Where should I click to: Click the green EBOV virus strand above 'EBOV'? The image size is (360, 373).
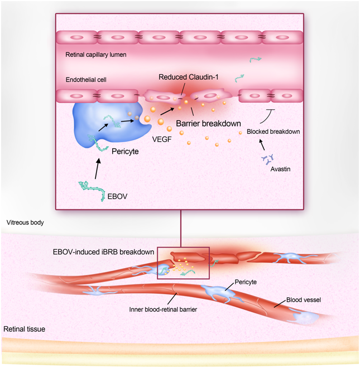(x=92, y=187)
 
